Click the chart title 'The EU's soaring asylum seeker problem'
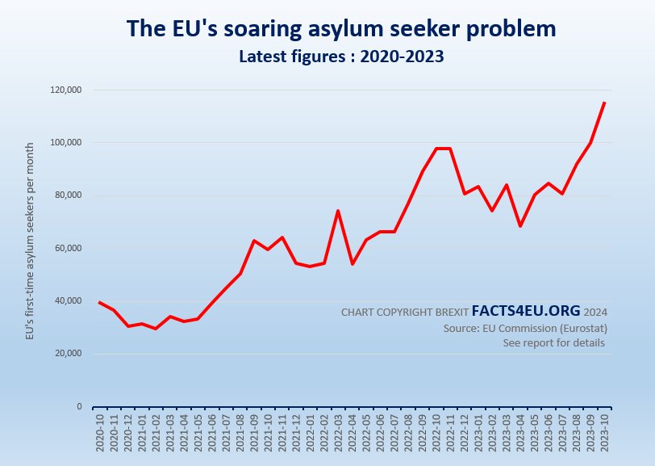(x=341, y=29)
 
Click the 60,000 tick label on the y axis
(x=67, y=248)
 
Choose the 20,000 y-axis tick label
(x=67, y=354)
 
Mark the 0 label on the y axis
(x=79, y=406)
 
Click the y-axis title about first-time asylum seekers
(x=30, y=241)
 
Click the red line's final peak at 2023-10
(x=604, y=103)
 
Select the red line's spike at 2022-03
(x=338, y=211)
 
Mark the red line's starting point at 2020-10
(x=100, y=302)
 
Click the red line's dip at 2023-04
(x=520, y=226)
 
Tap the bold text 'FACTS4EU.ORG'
(x=526, y=311)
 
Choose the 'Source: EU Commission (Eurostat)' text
(x=525, y=329)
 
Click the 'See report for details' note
(x=553, y=343)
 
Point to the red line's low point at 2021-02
(x=156, y=329)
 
